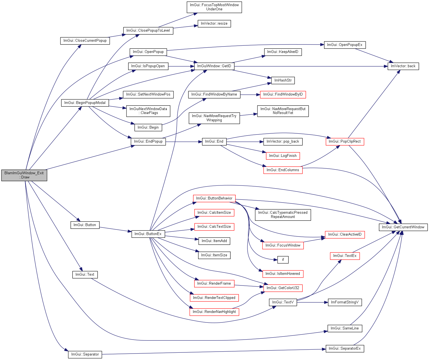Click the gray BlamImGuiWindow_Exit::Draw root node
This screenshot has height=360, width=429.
[24, 175]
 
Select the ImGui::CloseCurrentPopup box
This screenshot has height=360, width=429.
[85, 41]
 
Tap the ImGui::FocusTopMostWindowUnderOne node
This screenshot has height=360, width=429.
[214, 7]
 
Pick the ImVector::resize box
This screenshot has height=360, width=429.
[214, 24]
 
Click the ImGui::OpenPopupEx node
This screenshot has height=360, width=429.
[345, 45]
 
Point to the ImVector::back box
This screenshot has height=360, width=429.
[403, 66]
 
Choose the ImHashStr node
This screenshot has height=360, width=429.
[283, 80]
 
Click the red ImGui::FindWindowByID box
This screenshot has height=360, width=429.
[283, 95]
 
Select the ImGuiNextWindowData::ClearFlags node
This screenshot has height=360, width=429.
[148, 111]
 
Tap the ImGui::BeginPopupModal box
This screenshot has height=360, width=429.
[85, 103]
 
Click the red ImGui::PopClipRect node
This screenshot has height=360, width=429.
[345, 141]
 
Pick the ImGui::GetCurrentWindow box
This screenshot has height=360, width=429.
[403, 227]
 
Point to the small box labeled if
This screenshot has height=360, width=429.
[283, 260]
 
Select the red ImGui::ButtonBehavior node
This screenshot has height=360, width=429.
[214, 199]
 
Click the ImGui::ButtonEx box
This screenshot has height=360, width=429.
[148, 234]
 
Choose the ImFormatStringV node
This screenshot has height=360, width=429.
[345, 302]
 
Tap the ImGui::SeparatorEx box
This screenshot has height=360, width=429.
[345, 349]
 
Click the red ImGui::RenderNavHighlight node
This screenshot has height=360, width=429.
[214, 312]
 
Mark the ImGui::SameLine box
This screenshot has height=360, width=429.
[345, 328]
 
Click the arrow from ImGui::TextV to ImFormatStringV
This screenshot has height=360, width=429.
[312, 302]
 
